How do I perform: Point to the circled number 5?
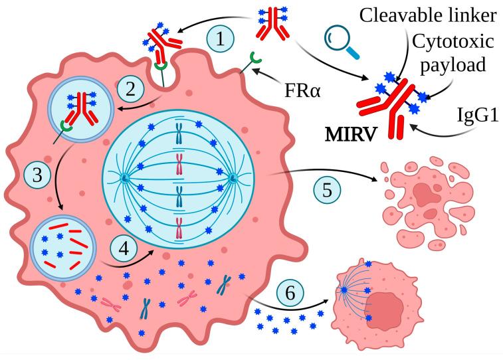pyautogui.click(x=327, y=190)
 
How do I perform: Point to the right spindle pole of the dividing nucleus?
pyautogui.click(x=234, y=178)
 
